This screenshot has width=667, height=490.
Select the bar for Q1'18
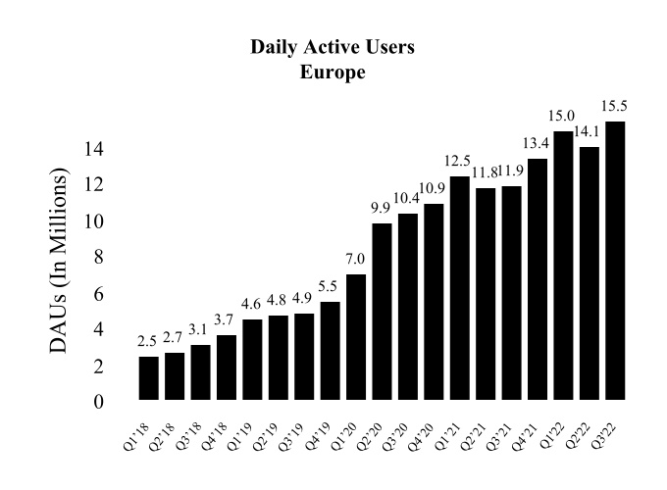coord(148,377)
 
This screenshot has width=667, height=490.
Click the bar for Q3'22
coord(615,261)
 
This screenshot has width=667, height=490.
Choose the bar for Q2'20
coord(382,311)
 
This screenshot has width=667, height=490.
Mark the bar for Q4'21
coord(538,279)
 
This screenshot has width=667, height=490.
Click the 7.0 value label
coord(356,258)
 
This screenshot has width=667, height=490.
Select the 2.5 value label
coord(148,340)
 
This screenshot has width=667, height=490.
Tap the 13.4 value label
coord(538,143)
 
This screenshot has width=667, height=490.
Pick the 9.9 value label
coord(382,207)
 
